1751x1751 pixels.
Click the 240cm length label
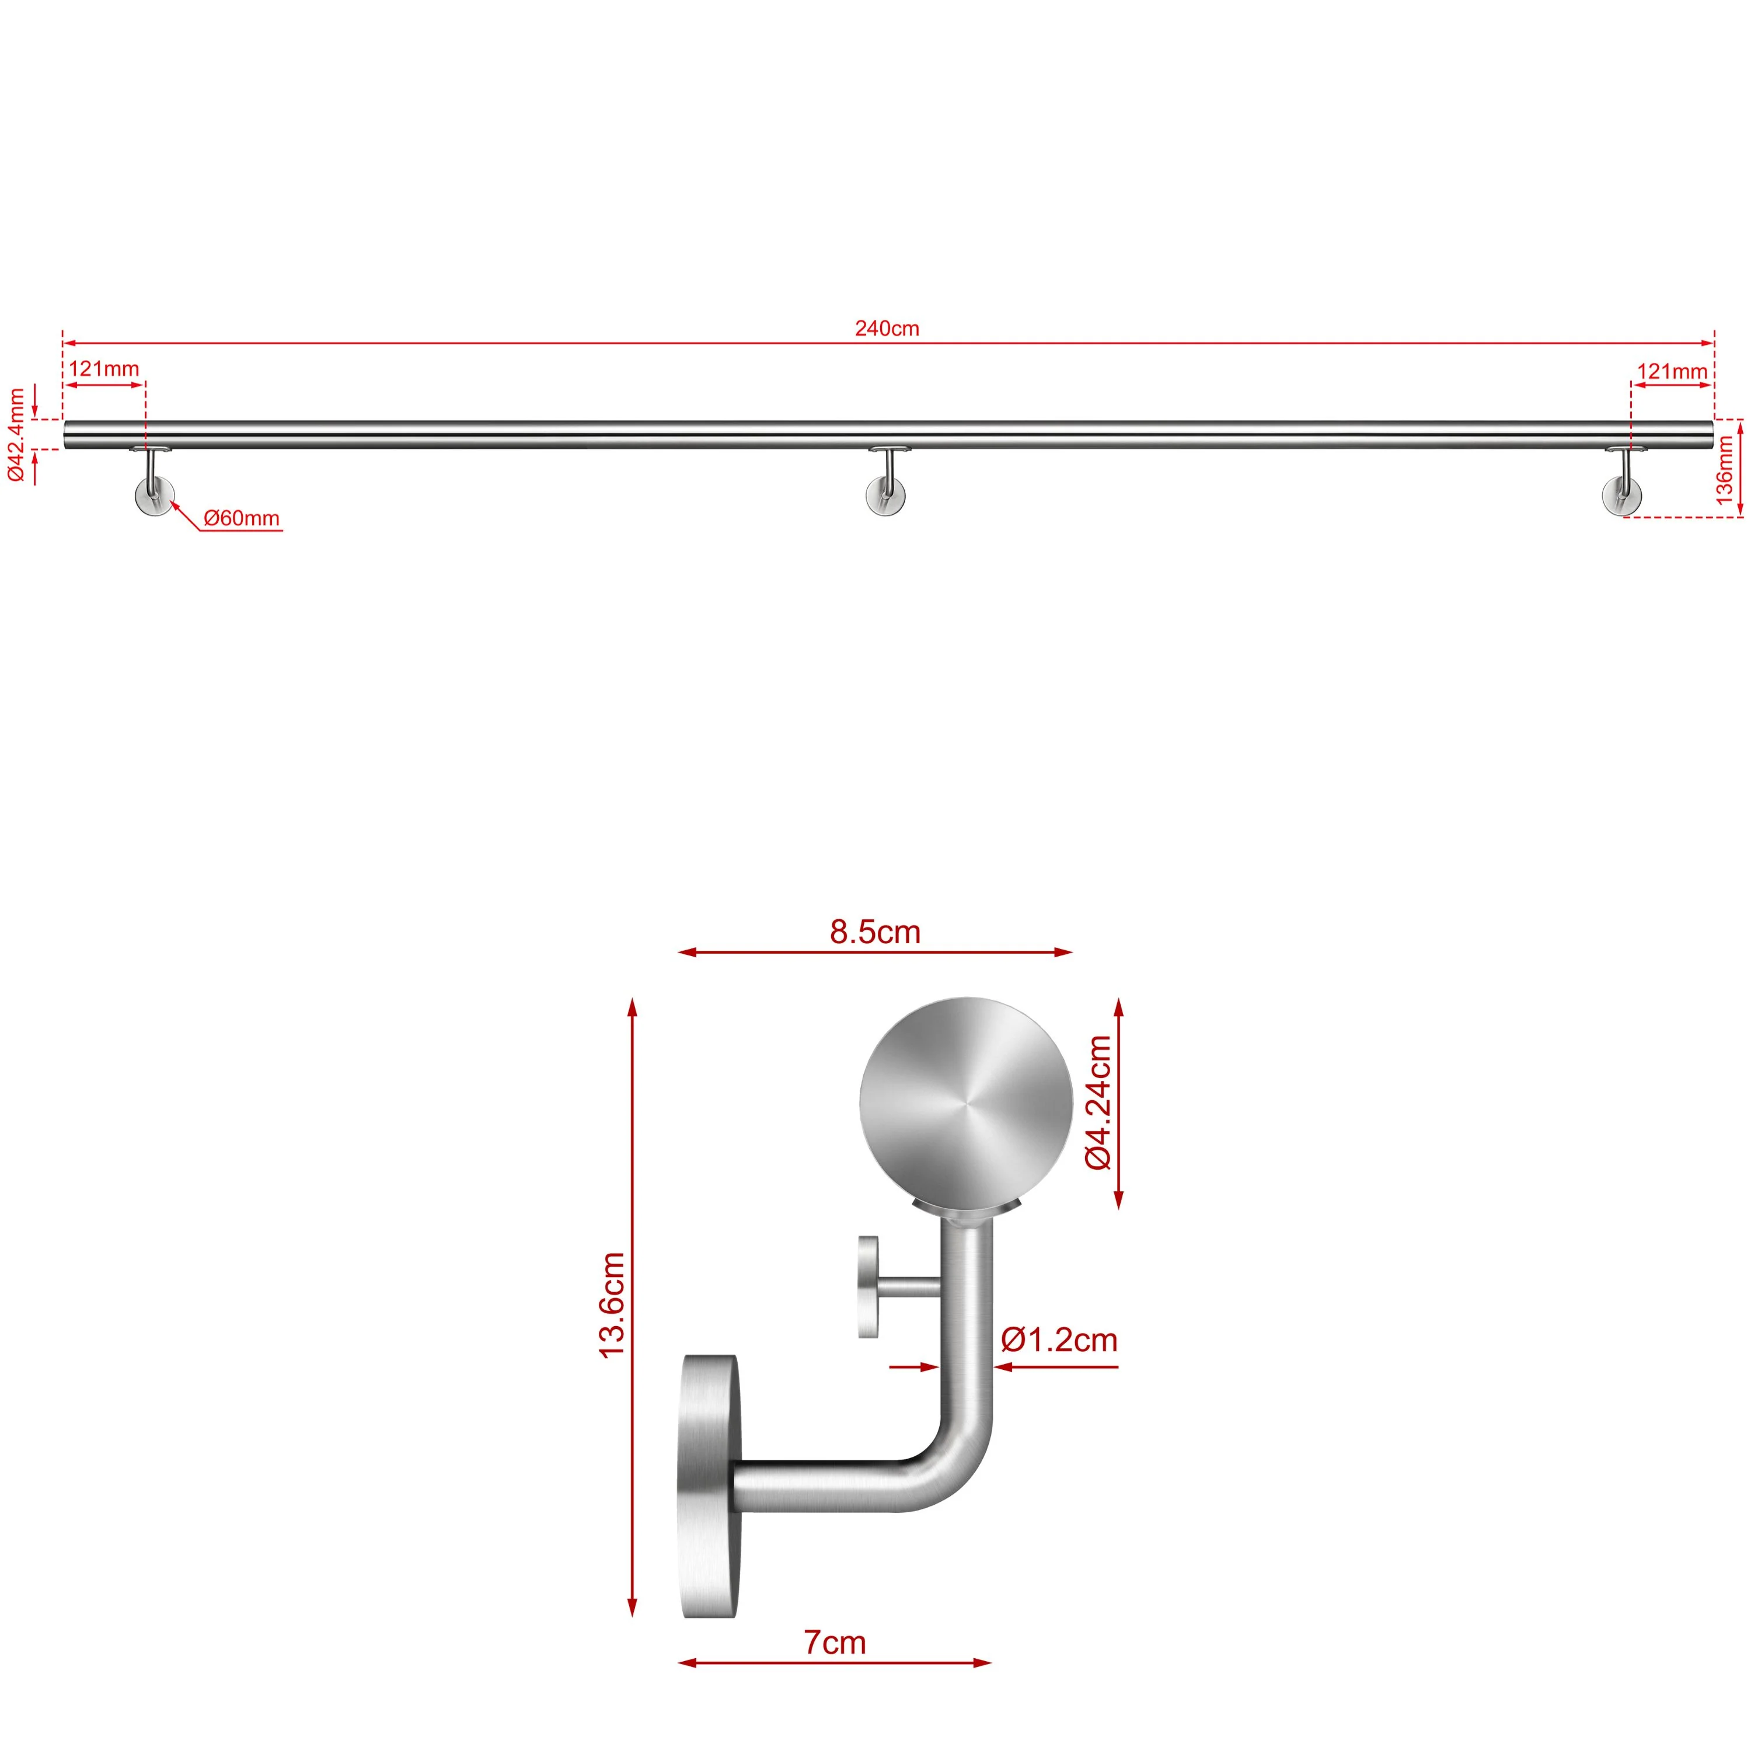(x=887, y=328)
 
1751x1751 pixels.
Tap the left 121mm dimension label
(x=104, y=369)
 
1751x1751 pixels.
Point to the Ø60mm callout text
(x=241, y=518)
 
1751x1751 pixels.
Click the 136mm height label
(x=1724, y=469)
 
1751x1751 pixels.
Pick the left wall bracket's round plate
(x=154, y=497)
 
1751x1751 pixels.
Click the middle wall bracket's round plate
(x=885, y=497)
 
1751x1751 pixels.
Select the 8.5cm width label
(x=874, y=932)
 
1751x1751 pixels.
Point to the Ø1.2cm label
(x=1059, y=1340)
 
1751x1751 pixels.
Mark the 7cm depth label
(x=835, y=1642)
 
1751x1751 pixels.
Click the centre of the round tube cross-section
(x=966, y=1103)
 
